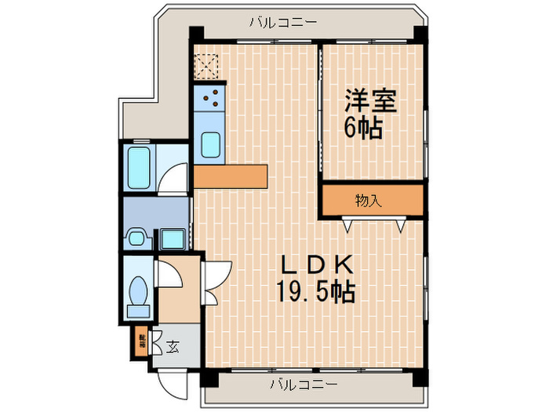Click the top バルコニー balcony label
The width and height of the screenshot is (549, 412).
(283, 22)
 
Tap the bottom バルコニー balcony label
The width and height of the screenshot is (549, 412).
(304, 385)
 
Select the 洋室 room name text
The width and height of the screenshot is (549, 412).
(370, 102)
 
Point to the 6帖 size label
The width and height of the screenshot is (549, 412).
(364, 127)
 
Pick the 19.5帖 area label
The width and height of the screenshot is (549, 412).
(314, 293)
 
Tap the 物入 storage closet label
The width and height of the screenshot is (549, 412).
(368, 201)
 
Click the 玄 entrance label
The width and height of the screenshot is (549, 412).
(172, 346)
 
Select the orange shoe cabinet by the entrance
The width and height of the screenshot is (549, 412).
(142, 341)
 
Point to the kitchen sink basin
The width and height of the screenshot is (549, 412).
(210, 145)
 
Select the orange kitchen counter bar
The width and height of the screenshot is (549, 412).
(231, 176)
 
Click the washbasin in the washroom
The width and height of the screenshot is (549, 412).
(138, 237)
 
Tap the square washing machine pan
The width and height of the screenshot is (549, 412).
(173, 238)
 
